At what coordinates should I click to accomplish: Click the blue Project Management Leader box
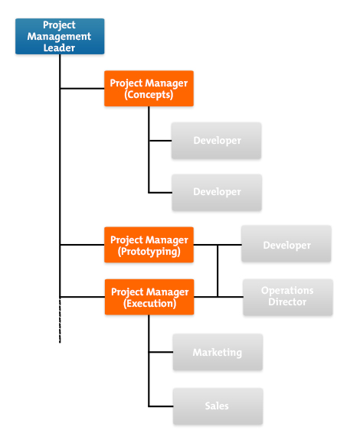(59, 36)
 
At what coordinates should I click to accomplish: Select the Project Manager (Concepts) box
(149, 89)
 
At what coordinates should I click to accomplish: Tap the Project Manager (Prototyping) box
(149, 245)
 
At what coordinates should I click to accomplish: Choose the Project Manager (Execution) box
(149, 297)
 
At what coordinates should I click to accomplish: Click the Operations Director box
(287, 296)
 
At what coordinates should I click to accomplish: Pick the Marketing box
(218, 353)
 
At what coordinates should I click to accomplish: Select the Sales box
(218, 406)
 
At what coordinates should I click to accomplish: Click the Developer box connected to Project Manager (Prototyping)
(286, 245)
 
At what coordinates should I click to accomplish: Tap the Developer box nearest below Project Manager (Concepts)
(217, 141)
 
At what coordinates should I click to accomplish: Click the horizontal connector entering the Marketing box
(160, 353)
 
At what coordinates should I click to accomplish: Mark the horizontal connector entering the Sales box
(160, 406)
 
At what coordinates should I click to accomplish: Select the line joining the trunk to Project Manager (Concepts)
(82, 89)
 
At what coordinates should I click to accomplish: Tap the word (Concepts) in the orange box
(149, 96)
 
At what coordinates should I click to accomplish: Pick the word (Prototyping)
(149, 252)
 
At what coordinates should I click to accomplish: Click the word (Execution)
(149, 304)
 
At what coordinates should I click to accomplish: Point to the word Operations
(287, 291)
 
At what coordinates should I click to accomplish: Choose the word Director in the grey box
(287, 302)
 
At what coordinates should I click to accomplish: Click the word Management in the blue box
(59, 36)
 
